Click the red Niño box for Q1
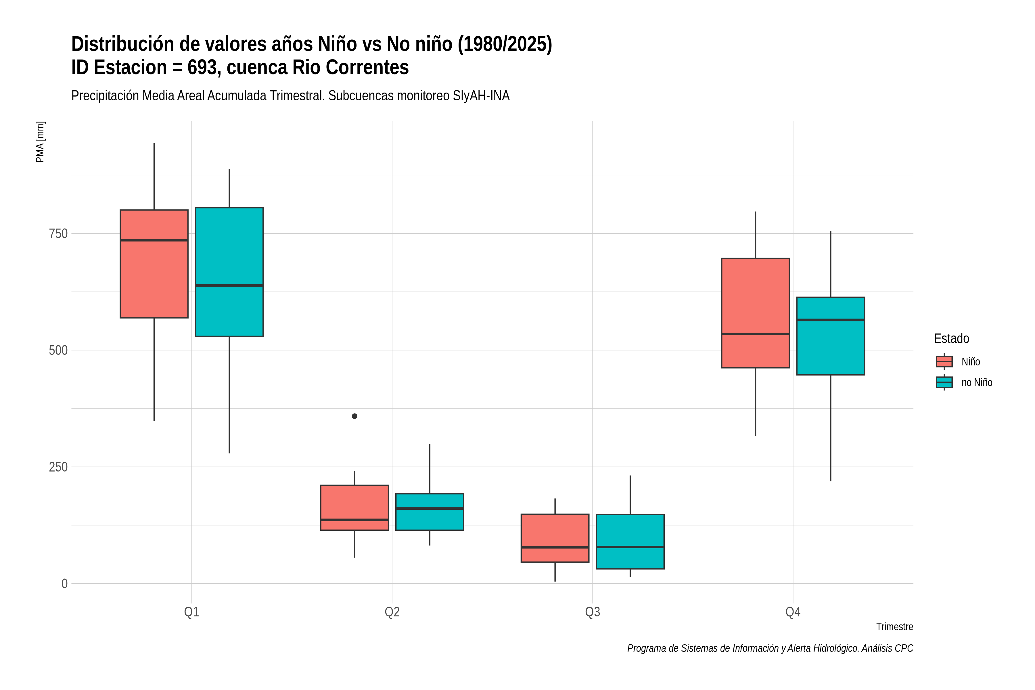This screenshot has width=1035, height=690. click(x=154, y=264)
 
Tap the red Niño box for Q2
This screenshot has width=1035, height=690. click(x=355, y=507)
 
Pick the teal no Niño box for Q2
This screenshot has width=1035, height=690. click(x=430, y=512)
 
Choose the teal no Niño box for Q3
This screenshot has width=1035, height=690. click(x=630, y=541)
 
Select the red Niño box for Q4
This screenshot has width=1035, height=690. click(x=756, y=313)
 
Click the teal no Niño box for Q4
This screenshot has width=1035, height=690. click(x=831, y=336)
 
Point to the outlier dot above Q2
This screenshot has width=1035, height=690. click(x=355, y=416)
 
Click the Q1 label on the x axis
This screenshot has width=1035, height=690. click(x=191, y=612)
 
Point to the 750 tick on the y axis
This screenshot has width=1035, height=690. click(x=58, y=234)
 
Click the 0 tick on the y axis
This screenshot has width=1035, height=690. click(x=64, y=584)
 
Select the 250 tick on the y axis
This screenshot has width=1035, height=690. click(x=58, y=467)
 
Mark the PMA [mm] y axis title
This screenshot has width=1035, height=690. click(x=40, y=142)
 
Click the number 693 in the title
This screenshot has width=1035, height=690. click(x=204, y=67)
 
